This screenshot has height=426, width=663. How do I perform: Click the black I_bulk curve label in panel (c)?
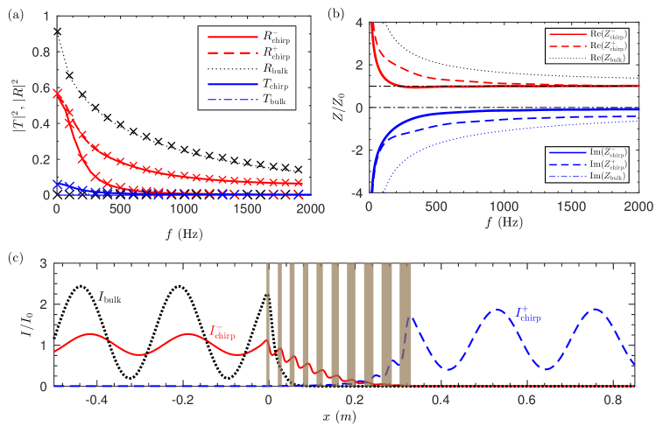[x=109, y=298]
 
